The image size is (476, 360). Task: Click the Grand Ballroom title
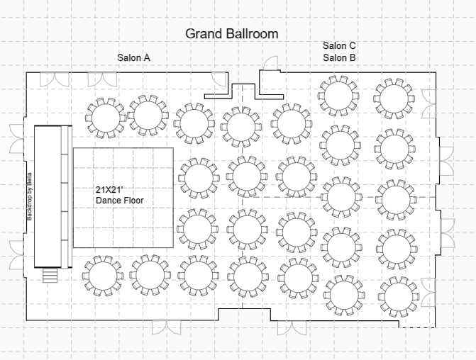232,34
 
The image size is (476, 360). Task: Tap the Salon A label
133,57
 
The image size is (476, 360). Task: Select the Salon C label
339,46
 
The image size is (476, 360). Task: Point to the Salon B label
339,57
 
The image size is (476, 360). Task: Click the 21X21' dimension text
109,190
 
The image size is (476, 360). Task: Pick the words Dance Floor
120,200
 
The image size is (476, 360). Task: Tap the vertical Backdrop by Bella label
30,196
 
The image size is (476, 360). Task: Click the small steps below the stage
50,276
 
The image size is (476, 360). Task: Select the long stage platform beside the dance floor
53,197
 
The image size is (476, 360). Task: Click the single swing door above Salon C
271,63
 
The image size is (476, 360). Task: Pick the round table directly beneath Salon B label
338,96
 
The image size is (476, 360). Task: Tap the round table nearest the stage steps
103,276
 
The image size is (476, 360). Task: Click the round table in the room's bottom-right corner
399,297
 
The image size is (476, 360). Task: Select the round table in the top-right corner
394,99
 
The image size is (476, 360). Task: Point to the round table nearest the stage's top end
106,118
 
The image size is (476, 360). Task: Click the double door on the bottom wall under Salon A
167,327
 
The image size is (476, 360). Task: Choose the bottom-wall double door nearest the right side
292,327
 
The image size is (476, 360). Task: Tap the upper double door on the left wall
17,139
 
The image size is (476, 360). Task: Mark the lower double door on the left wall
17,255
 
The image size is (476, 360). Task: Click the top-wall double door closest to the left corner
55,79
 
